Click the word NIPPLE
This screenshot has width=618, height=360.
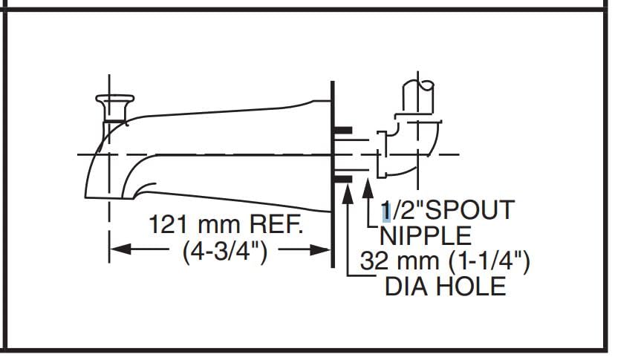(426, 235)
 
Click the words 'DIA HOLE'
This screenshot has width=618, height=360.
(445, 286)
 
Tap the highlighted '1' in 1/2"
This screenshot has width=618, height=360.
(386, 211)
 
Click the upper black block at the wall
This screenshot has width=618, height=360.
(342, 131)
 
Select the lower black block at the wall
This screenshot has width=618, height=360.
(342, 178)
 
